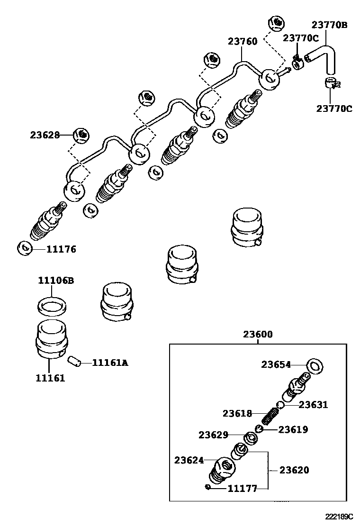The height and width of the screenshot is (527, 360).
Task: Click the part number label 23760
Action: coord(243,42)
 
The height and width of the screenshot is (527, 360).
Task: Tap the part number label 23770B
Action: coord(329,25)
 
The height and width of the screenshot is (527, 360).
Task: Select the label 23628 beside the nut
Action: coord(45,135)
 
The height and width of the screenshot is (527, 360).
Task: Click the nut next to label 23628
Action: coord(82,135)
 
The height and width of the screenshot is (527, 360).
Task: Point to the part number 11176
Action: coord(61,249)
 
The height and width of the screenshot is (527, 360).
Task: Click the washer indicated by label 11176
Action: coord(24,248)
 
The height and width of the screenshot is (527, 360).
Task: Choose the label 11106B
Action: coord(56,281)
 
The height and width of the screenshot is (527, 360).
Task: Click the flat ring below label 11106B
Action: coord(51,306)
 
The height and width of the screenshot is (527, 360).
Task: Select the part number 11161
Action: coord(50,378)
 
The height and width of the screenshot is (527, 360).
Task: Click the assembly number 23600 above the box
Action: coord(258,334)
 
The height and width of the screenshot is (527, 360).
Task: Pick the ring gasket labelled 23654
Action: coord(315,365)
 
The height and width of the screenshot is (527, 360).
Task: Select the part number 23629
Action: coord(213,435)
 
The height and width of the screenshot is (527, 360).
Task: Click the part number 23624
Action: coord(189,460)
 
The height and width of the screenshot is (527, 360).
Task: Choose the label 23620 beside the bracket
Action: coord(294,470)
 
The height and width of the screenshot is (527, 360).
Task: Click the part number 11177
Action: coord(242,488)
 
